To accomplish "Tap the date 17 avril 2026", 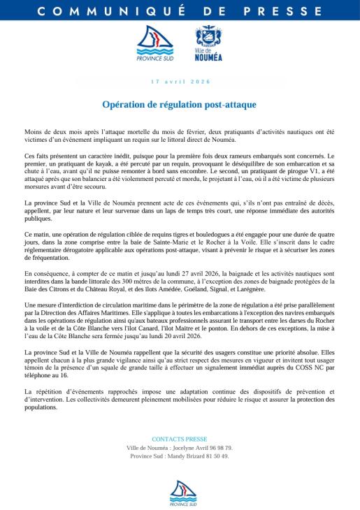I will pos(180,82).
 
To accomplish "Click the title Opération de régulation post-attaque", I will pos(180,104).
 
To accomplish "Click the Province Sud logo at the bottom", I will pos(180,492).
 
